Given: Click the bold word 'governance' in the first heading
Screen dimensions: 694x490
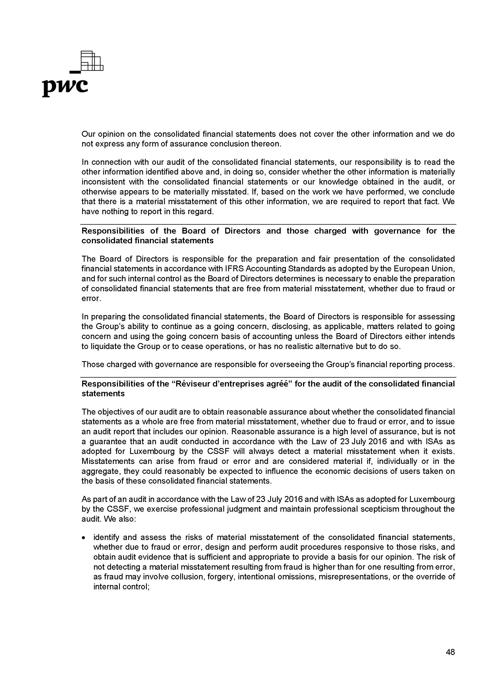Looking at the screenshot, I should pyautogui.click(x=397, y=231).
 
